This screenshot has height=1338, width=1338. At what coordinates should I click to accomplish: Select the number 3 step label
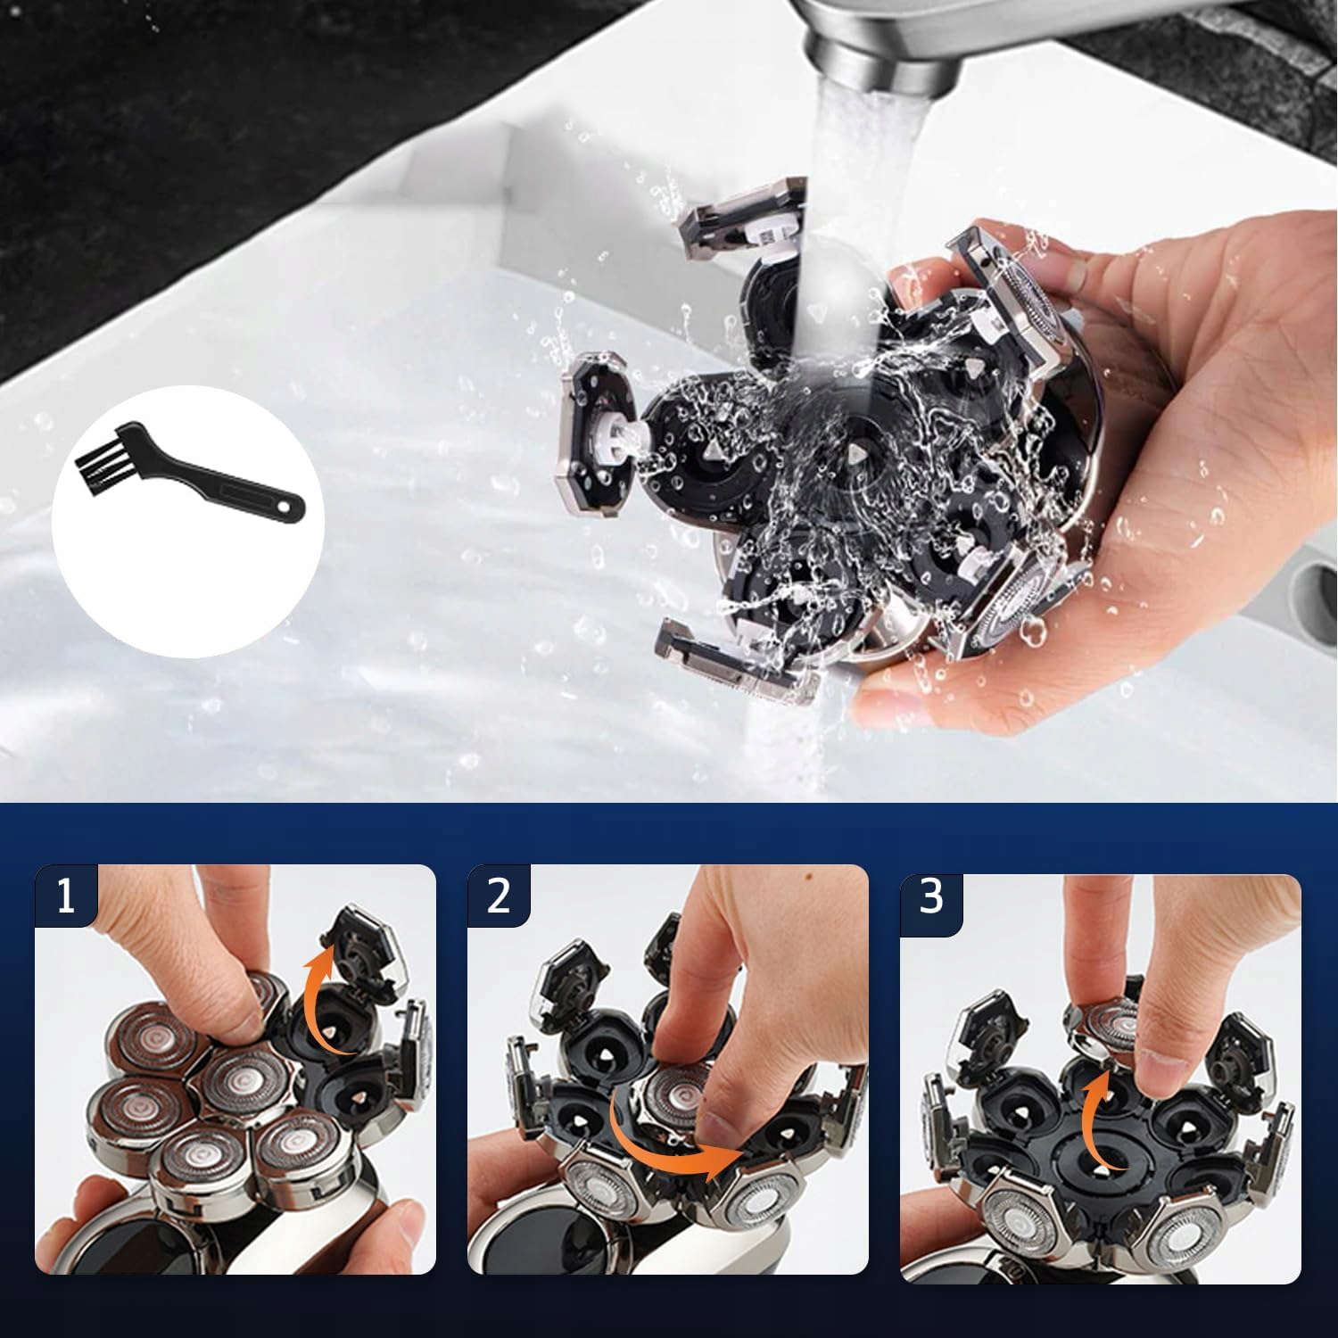(x=931, y=897)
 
